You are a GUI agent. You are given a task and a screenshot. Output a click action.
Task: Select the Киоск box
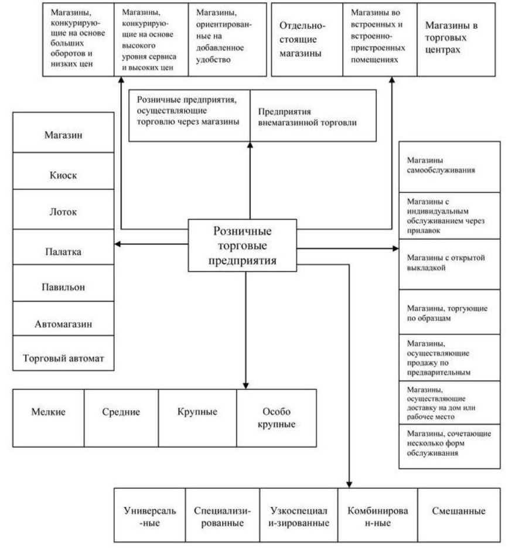63,175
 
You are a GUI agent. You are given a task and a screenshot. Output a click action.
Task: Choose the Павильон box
63,288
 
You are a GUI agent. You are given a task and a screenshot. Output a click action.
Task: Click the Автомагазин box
63,322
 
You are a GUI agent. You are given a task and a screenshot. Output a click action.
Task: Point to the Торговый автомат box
63,357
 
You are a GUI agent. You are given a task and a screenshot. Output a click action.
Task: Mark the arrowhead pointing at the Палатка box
117,244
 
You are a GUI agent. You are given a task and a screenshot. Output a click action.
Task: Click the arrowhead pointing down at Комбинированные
349,484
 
